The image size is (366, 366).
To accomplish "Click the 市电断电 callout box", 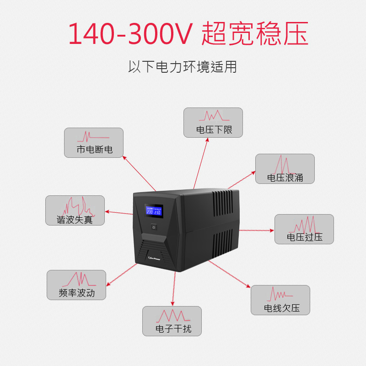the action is [x=94, y=143].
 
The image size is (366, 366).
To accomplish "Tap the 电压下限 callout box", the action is [x=213, y=123].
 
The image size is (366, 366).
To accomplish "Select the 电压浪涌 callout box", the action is [x=285, y=169].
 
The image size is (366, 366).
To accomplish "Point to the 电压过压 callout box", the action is [x=304, y=229].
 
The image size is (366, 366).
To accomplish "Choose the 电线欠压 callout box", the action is [x=280, y=300].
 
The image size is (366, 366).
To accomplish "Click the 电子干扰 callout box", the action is [x=172, y=321].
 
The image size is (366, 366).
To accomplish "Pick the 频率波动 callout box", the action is [x=76, y=285].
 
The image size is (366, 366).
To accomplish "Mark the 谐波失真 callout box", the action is [x=75, y=210].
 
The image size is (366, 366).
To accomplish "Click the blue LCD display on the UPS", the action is [x=154, y=211].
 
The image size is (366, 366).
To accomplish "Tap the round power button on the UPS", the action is [x=154, y=227].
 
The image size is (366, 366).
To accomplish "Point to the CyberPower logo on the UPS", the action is [x=156, y=258].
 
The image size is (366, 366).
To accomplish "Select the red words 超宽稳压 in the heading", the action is [x=254, y=33].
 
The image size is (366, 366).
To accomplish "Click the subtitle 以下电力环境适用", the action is [x=183, y=67].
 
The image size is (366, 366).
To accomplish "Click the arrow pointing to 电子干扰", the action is [x=173, y=288].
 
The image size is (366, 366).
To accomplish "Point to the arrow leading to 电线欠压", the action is [x=229, y=274].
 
